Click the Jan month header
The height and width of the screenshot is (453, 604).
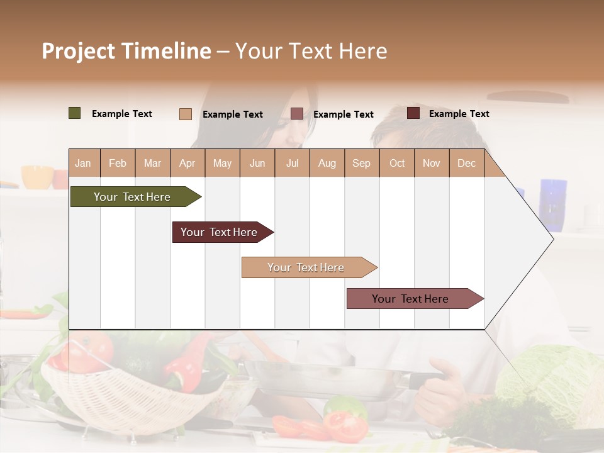coord(84,163)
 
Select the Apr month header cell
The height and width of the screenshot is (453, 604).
coord(187,163)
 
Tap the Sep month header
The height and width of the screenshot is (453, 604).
coord(362,163)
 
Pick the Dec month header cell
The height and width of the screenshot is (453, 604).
coord(466,163)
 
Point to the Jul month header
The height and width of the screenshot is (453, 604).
coord(292,163)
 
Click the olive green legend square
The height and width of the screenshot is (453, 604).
coord(75,113)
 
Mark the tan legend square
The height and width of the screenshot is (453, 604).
coord(186,114)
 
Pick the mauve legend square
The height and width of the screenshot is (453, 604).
coord(297,113)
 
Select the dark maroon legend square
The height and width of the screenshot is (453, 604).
coord(413,113)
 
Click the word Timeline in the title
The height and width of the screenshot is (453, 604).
coord(167,51)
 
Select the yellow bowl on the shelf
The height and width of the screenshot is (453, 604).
coord(37,177)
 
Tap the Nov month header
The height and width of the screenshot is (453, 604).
coord(432,163)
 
